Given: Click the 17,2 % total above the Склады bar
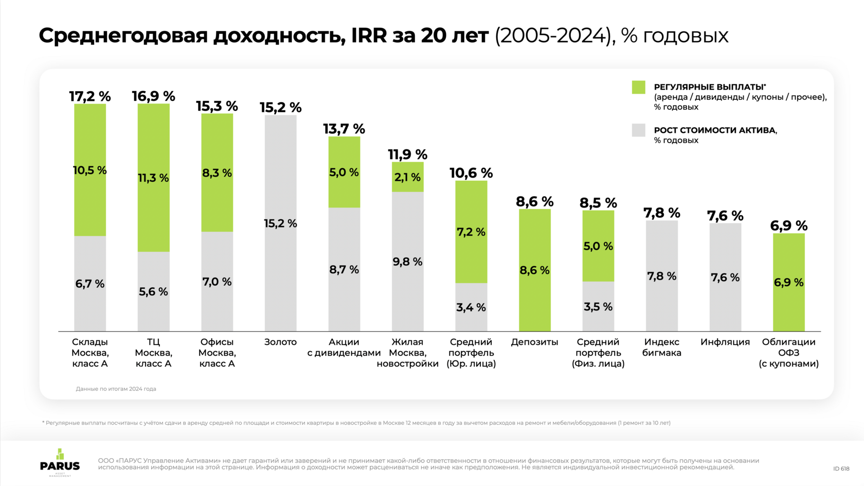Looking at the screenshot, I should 90,96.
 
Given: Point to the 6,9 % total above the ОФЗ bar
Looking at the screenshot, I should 788,225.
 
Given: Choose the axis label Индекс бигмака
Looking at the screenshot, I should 662,348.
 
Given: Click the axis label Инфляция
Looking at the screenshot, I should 725,342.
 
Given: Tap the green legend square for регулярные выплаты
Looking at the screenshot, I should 638,87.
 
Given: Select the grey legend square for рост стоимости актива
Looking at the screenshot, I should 638,130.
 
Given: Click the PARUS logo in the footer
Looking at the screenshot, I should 60,462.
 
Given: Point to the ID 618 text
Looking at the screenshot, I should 841,468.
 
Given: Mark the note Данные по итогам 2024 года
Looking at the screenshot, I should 116,389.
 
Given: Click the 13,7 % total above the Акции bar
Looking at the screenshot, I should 344,129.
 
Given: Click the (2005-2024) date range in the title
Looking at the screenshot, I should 554,36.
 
